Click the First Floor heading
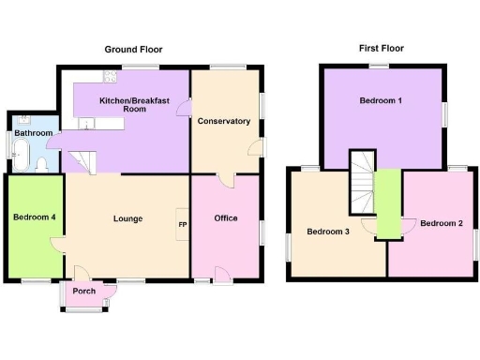pos(382,47)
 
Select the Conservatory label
pos(224,121)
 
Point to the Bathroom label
pos(33,133)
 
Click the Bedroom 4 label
pos(34,217)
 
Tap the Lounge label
pos(127,219)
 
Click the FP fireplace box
pos(182,225)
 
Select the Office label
pos(226,218)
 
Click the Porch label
pos(83,291)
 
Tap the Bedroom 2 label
pos(441,223)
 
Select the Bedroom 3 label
pos(328,232)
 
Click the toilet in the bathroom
pos(41,164)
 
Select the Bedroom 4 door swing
pos(57,246)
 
